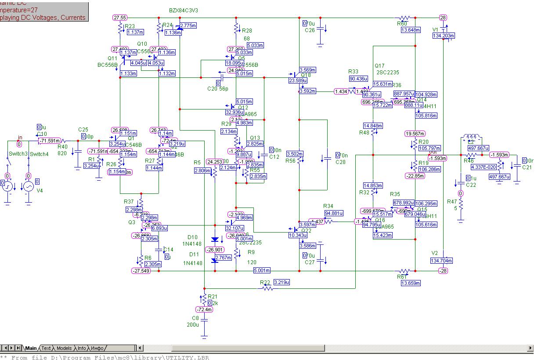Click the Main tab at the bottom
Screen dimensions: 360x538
tap(31, 348)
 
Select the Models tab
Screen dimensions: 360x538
tap(64, 348)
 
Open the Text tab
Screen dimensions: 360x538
tap(46, 348)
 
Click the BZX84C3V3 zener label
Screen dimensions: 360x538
tap(184, 10)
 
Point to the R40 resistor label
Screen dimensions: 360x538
tap(63, 147)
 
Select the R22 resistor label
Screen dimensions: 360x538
tap(265, 282)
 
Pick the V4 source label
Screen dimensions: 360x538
tap(40, 191)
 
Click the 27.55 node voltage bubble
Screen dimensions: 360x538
tap(120, 18)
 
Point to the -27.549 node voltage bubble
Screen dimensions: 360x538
tap(141, 271)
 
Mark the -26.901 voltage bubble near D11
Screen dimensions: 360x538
tap(215, 250)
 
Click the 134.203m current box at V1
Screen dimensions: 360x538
tap(443, 36)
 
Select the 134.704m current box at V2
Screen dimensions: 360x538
tap(442, 260)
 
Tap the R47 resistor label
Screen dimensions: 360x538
tap(452, 202)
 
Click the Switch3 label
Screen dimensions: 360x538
tap(18, 154)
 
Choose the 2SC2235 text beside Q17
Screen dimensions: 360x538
tap(388, 73)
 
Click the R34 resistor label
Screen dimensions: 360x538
tap(329, 206)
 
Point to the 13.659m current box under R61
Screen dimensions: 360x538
tap(410, 283)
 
